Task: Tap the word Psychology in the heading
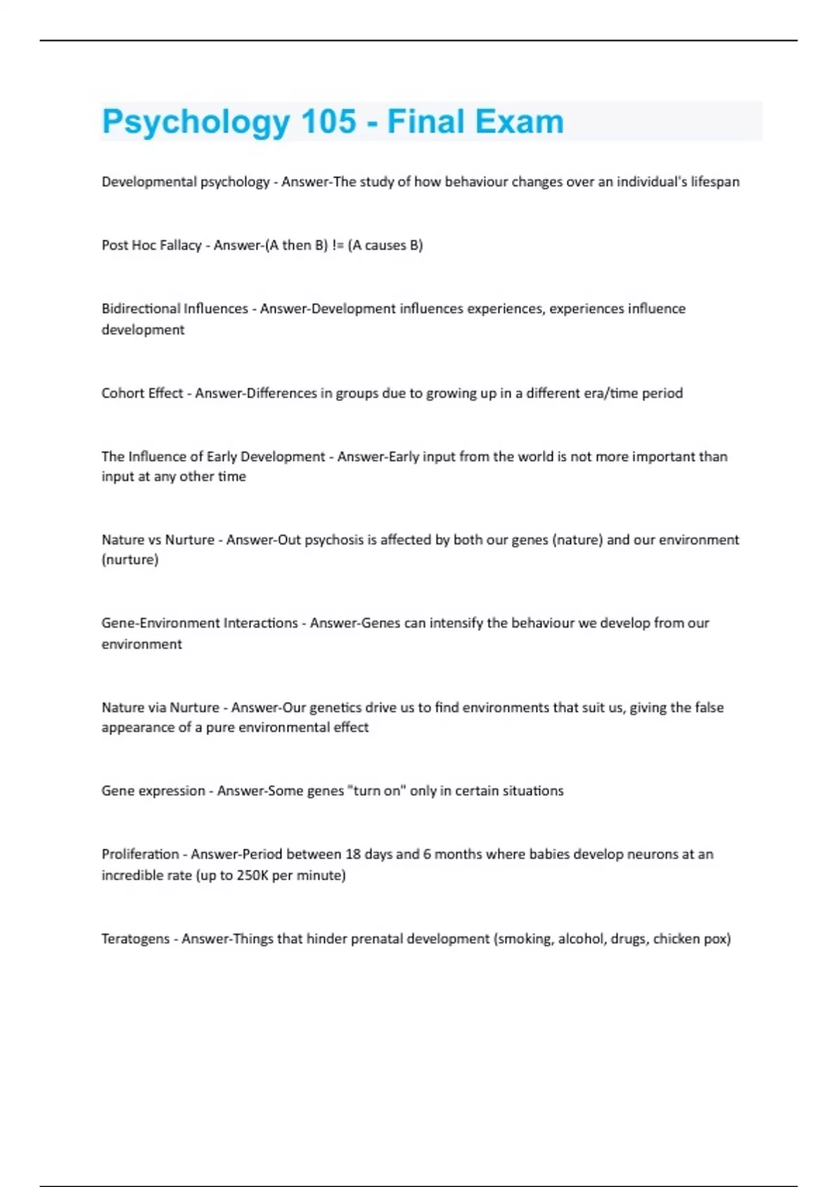(196, 121)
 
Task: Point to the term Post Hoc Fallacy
(152, 245)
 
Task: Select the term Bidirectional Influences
(175, 309)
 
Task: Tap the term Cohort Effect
(142, 393)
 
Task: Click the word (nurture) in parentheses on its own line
(130, 559)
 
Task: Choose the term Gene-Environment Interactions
(200, 623)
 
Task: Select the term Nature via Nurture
(161, 707)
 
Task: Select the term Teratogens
(135, 938)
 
